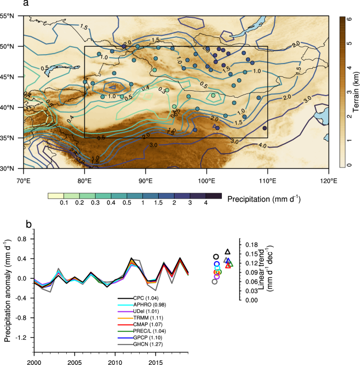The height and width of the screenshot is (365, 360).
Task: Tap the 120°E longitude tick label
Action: tap(328, 181)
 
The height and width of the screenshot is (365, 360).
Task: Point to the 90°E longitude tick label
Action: tap(146, 181)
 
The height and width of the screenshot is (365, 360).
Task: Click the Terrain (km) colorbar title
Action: tap(356, 92)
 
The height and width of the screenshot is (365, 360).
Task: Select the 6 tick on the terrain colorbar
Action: tap(348, 17)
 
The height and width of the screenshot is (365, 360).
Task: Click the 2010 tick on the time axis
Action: tap(114, 362)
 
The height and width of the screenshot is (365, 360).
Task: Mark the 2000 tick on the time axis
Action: tap(33, 362)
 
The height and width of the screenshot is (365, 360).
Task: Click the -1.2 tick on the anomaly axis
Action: tap(21, 338)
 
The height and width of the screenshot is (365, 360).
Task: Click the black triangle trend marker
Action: tap(228, 252)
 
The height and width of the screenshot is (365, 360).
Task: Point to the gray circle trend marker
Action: tap(214, 281)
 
